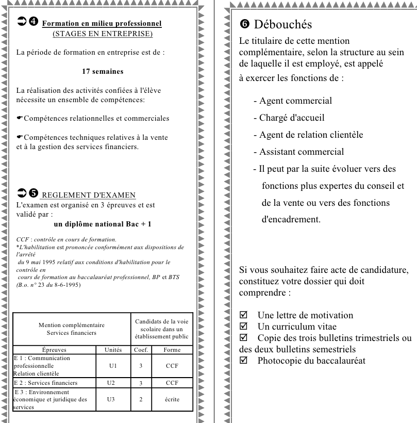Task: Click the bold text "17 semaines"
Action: [103, 71]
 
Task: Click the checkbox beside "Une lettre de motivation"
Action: [244, 315]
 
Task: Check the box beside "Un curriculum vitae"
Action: [244, 327]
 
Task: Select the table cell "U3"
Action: [113, 399]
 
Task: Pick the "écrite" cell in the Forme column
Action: [172, 399]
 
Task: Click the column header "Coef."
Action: [141, 349]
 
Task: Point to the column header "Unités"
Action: [113, 349]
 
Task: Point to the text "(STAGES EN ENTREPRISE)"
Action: [103, 34]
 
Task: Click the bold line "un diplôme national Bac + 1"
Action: [102, 223]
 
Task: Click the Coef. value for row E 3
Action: [141, 399]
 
